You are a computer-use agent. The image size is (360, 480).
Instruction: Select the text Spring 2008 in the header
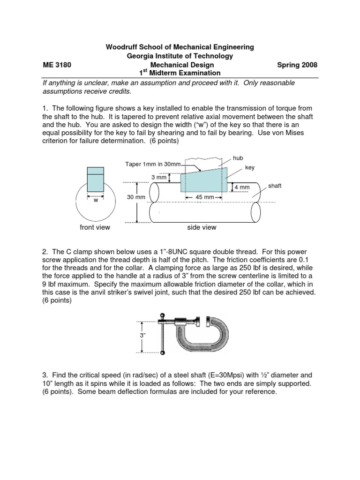tap(298, 65)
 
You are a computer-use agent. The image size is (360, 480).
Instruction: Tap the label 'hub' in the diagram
tap(239, 158)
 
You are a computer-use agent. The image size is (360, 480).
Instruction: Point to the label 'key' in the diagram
tap(250, 167)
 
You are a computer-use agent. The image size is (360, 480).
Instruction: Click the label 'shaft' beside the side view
tap(275, 186)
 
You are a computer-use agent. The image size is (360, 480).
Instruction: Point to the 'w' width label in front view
tap(96, 200)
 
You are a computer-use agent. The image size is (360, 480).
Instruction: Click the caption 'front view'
tap(95, 227)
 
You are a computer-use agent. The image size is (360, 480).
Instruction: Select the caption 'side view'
tap(202, 227)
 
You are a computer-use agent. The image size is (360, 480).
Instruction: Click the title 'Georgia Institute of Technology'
tap(180, 56)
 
